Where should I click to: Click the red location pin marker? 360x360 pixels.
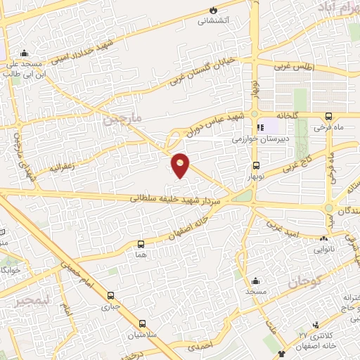click(181, 164)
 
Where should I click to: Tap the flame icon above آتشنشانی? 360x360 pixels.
click(214, 9)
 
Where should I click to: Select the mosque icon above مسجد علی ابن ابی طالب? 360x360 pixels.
click(25, 52)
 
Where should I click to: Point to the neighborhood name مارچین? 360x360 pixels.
click(122, 120)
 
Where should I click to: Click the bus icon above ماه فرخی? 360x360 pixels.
click(328, 117)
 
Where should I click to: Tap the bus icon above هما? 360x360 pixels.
click(141, 244)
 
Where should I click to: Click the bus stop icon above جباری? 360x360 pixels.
click(110, 295)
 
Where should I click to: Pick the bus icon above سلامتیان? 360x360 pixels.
click(143, 324)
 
